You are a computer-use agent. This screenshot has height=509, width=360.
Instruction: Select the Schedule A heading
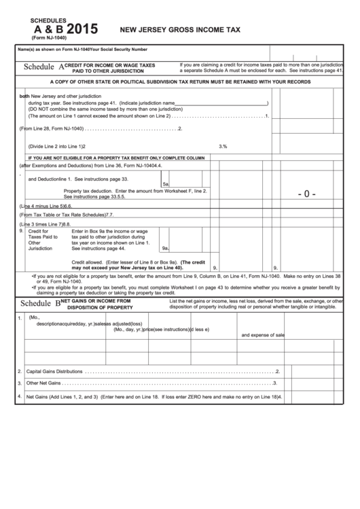point(43,67)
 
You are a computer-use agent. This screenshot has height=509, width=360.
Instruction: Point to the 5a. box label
point(165,184)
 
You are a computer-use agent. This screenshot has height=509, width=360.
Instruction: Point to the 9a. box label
point(165,248)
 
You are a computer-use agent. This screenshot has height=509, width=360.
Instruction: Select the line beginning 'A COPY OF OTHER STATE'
point(180,82)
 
